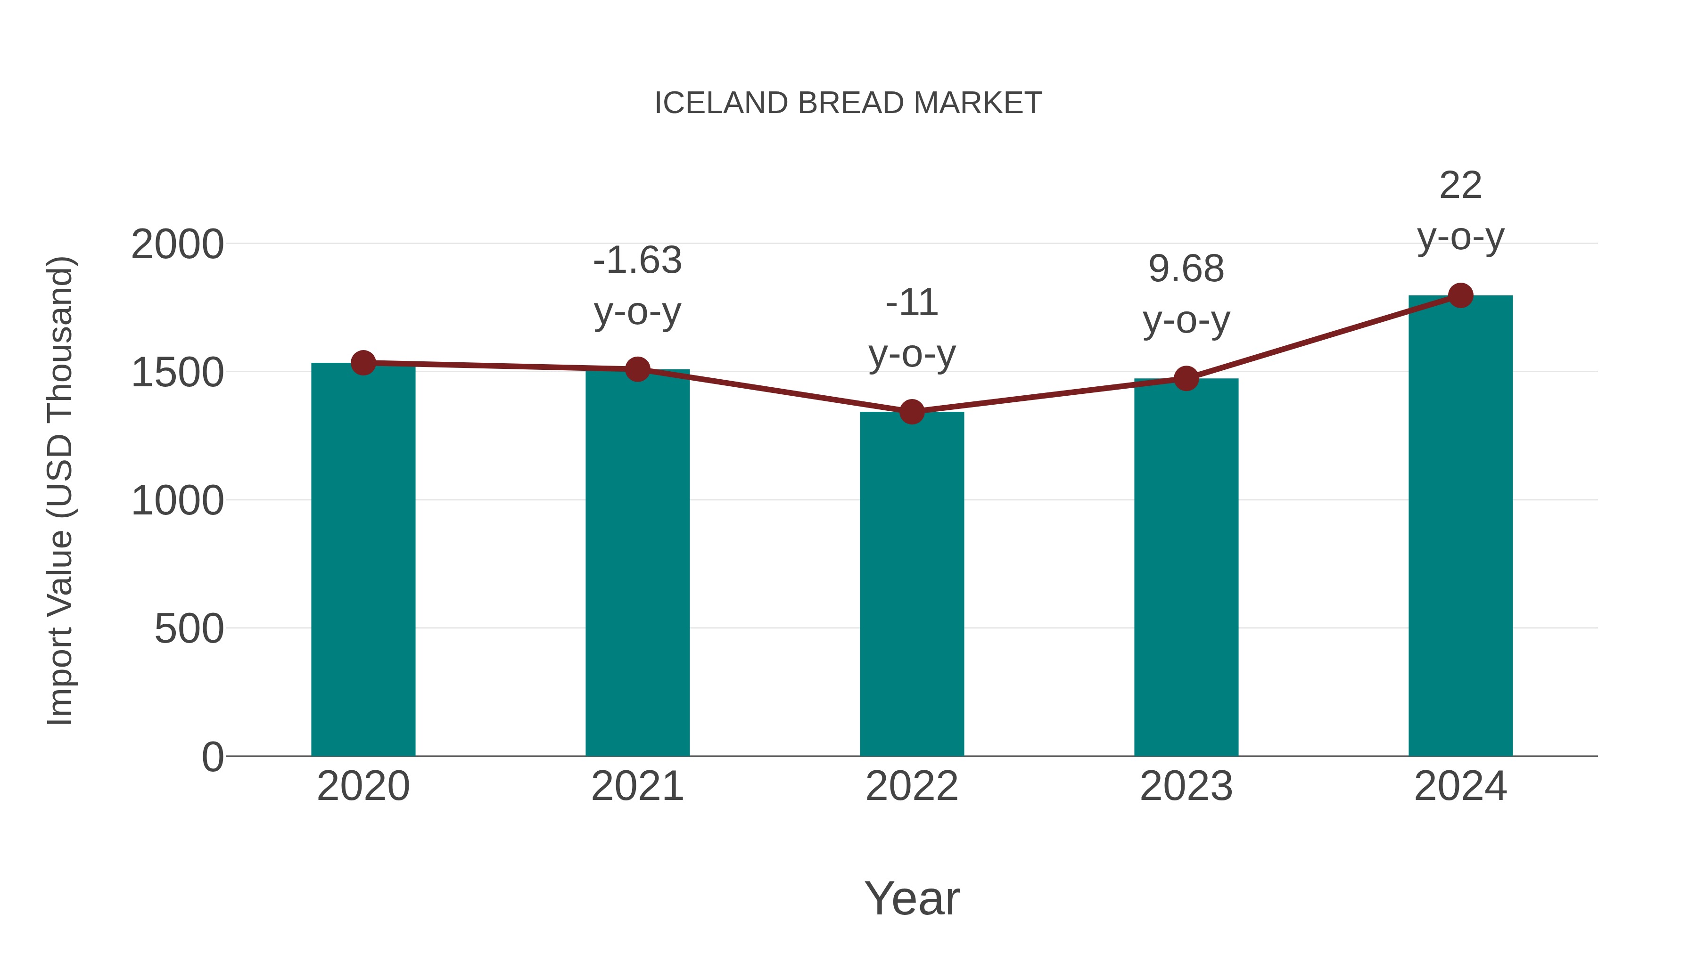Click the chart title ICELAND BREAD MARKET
tap(848, 103)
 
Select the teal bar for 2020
tap(363, 560)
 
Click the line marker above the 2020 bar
tap(363, 362)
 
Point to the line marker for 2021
tap(637, 369)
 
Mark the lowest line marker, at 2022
tap(912, 412)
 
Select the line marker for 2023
tap(1186, 379)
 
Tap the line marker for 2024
tap(1460, 295)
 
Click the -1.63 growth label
tap(637, 261)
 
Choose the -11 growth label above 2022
tap(912, 303)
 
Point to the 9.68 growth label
tap(1186, 269)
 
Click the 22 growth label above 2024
tap(1460, 186)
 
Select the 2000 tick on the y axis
tap(178, 245)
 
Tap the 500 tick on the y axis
tap(189, 629)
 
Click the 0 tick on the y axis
tap(213, 757)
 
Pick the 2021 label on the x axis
tap(637, 786)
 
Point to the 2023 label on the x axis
tap(1186, 786)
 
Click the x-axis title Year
tap(912, 898)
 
